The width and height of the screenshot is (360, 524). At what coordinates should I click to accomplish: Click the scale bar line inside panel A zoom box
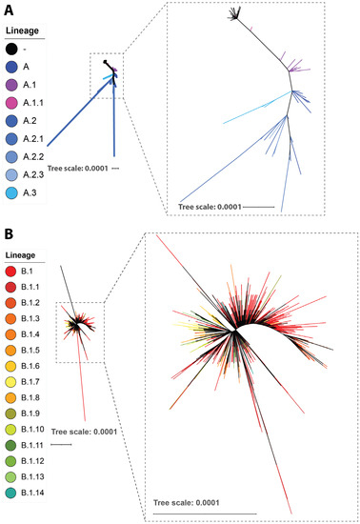coord(256,206)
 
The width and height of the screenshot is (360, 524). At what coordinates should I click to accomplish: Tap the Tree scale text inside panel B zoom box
coord(187,503)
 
